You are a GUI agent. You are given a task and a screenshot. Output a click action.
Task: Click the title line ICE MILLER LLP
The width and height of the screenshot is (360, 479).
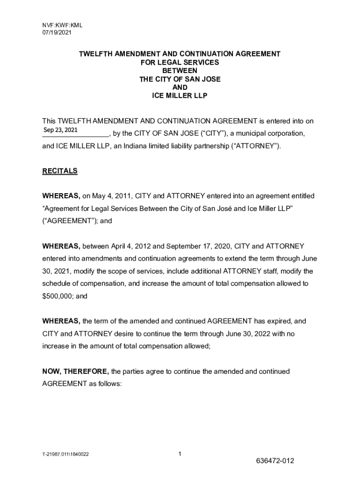[180, 96]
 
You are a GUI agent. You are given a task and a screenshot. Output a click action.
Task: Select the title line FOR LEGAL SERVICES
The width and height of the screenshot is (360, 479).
[180, 62]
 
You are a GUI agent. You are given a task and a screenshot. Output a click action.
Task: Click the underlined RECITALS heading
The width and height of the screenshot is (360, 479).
[60, 171]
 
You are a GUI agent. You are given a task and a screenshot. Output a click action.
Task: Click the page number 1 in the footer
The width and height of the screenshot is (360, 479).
[180, 454]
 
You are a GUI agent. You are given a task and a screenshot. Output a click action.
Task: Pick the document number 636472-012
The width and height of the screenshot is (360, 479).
[275, 461]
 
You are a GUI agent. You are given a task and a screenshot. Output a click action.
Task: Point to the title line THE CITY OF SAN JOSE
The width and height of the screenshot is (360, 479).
[180, 79]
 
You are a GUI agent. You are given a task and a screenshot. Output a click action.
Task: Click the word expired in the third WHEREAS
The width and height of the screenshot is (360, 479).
[280, 321]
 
